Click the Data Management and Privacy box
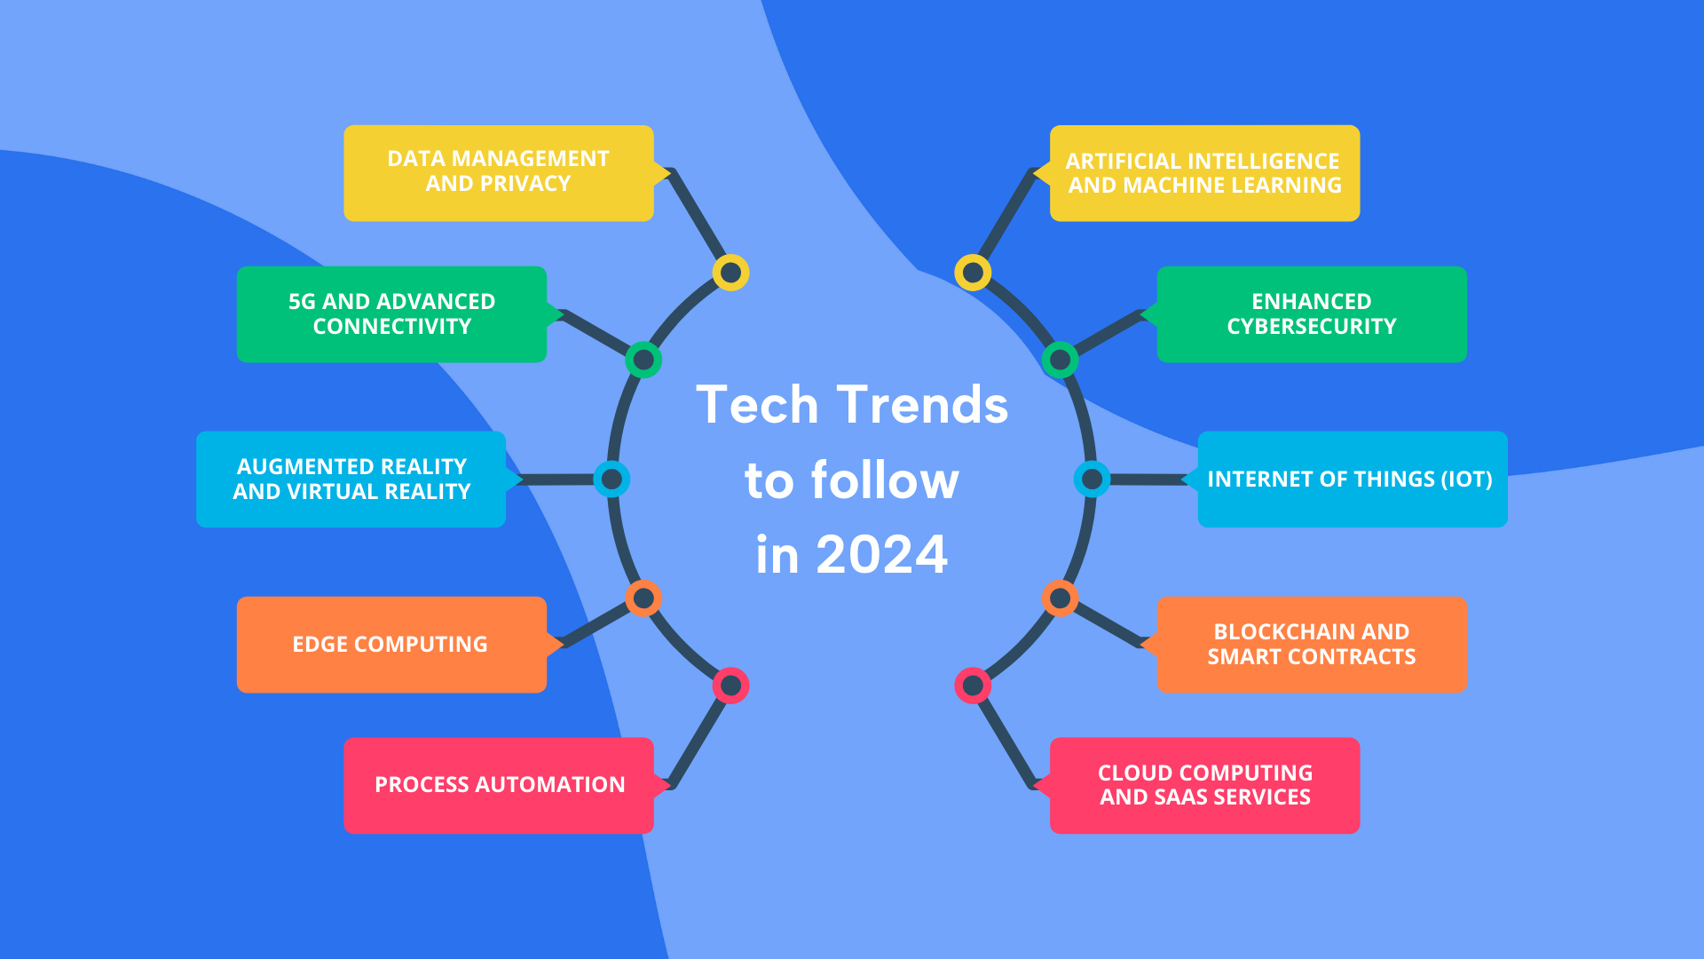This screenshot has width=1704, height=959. (498, 172)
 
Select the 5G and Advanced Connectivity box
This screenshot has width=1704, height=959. (391, 313)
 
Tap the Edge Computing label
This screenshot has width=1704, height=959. (390, 644)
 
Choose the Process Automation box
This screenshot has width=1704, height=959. (499, 785)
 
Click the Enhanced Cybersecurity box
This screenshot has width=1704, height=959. (1311, 313)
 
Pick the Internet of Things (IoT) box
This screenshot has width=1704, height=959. (1351, 479)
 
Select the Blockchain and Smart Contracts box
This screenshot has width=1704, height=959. (1311, 644)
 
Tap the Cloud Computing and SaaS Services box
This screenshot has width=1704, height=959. (1204, 785)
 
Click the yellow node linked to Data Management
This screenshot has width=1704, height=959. (730, 273)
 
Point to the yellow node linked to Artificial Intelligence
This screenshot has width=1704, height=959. (973, 273)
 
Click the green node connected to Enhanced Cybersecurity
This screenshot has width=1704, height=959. (1060, 360)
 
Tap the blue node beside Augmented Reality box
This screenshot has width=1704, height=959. (611, 479)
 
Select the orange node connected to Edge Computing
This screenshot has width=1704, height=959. (643, 598)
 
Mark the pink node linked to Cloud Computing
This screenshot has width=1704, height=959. (973, 686)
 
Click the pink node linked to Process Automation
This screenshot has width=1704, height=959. (730, 686)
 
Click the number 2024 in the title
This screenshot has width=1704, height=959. (881, 555)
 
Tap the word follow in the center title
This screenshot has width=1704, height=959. (885, 480)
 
